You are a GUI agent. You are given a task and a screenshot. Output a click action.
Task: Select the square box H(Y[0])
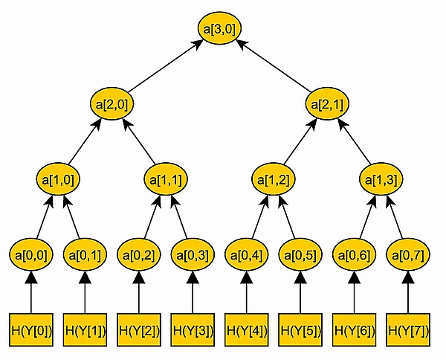click(x=31, y=330)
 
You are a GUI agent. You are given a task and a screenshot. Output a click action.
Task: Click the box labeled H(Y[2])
click(x=139, y=330)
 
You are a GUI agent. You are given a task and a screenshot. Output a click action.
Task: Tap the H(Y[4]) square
click(x=247, y=330)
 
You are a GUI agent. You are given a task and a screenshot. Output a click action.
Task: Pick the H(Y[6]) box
click(x=355, y=330)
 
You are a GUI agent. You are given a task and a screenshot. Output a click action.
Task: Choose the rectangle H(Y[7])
click(x=408, y=330)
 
